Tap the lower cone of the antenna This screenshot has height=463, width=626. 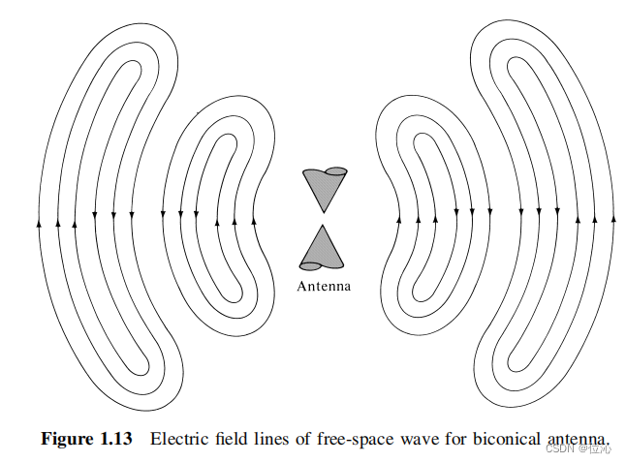[323, 249]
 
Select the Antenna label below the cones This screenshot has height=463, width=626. [324, 287]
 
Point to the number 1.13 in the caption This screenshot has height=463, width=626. [115, 439]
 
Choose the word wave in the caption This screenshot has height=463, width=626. [418, 439]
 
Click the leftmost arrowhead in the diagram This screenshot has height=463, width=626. [39, 222]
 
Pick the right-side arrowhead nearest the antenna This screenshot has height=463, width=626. [398, 219]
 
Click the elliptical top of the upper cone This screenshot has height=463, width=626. [335, 172]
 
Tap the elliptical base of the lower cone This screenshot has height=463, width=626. [311, 265]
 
